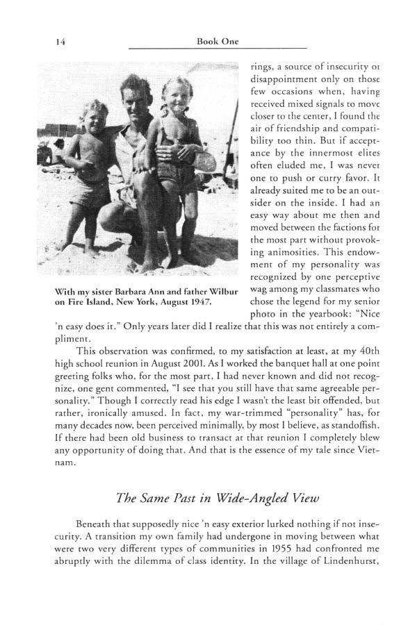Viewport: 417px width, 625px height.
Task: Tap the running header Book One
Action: pyautogui.click(x=218, y=42)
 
